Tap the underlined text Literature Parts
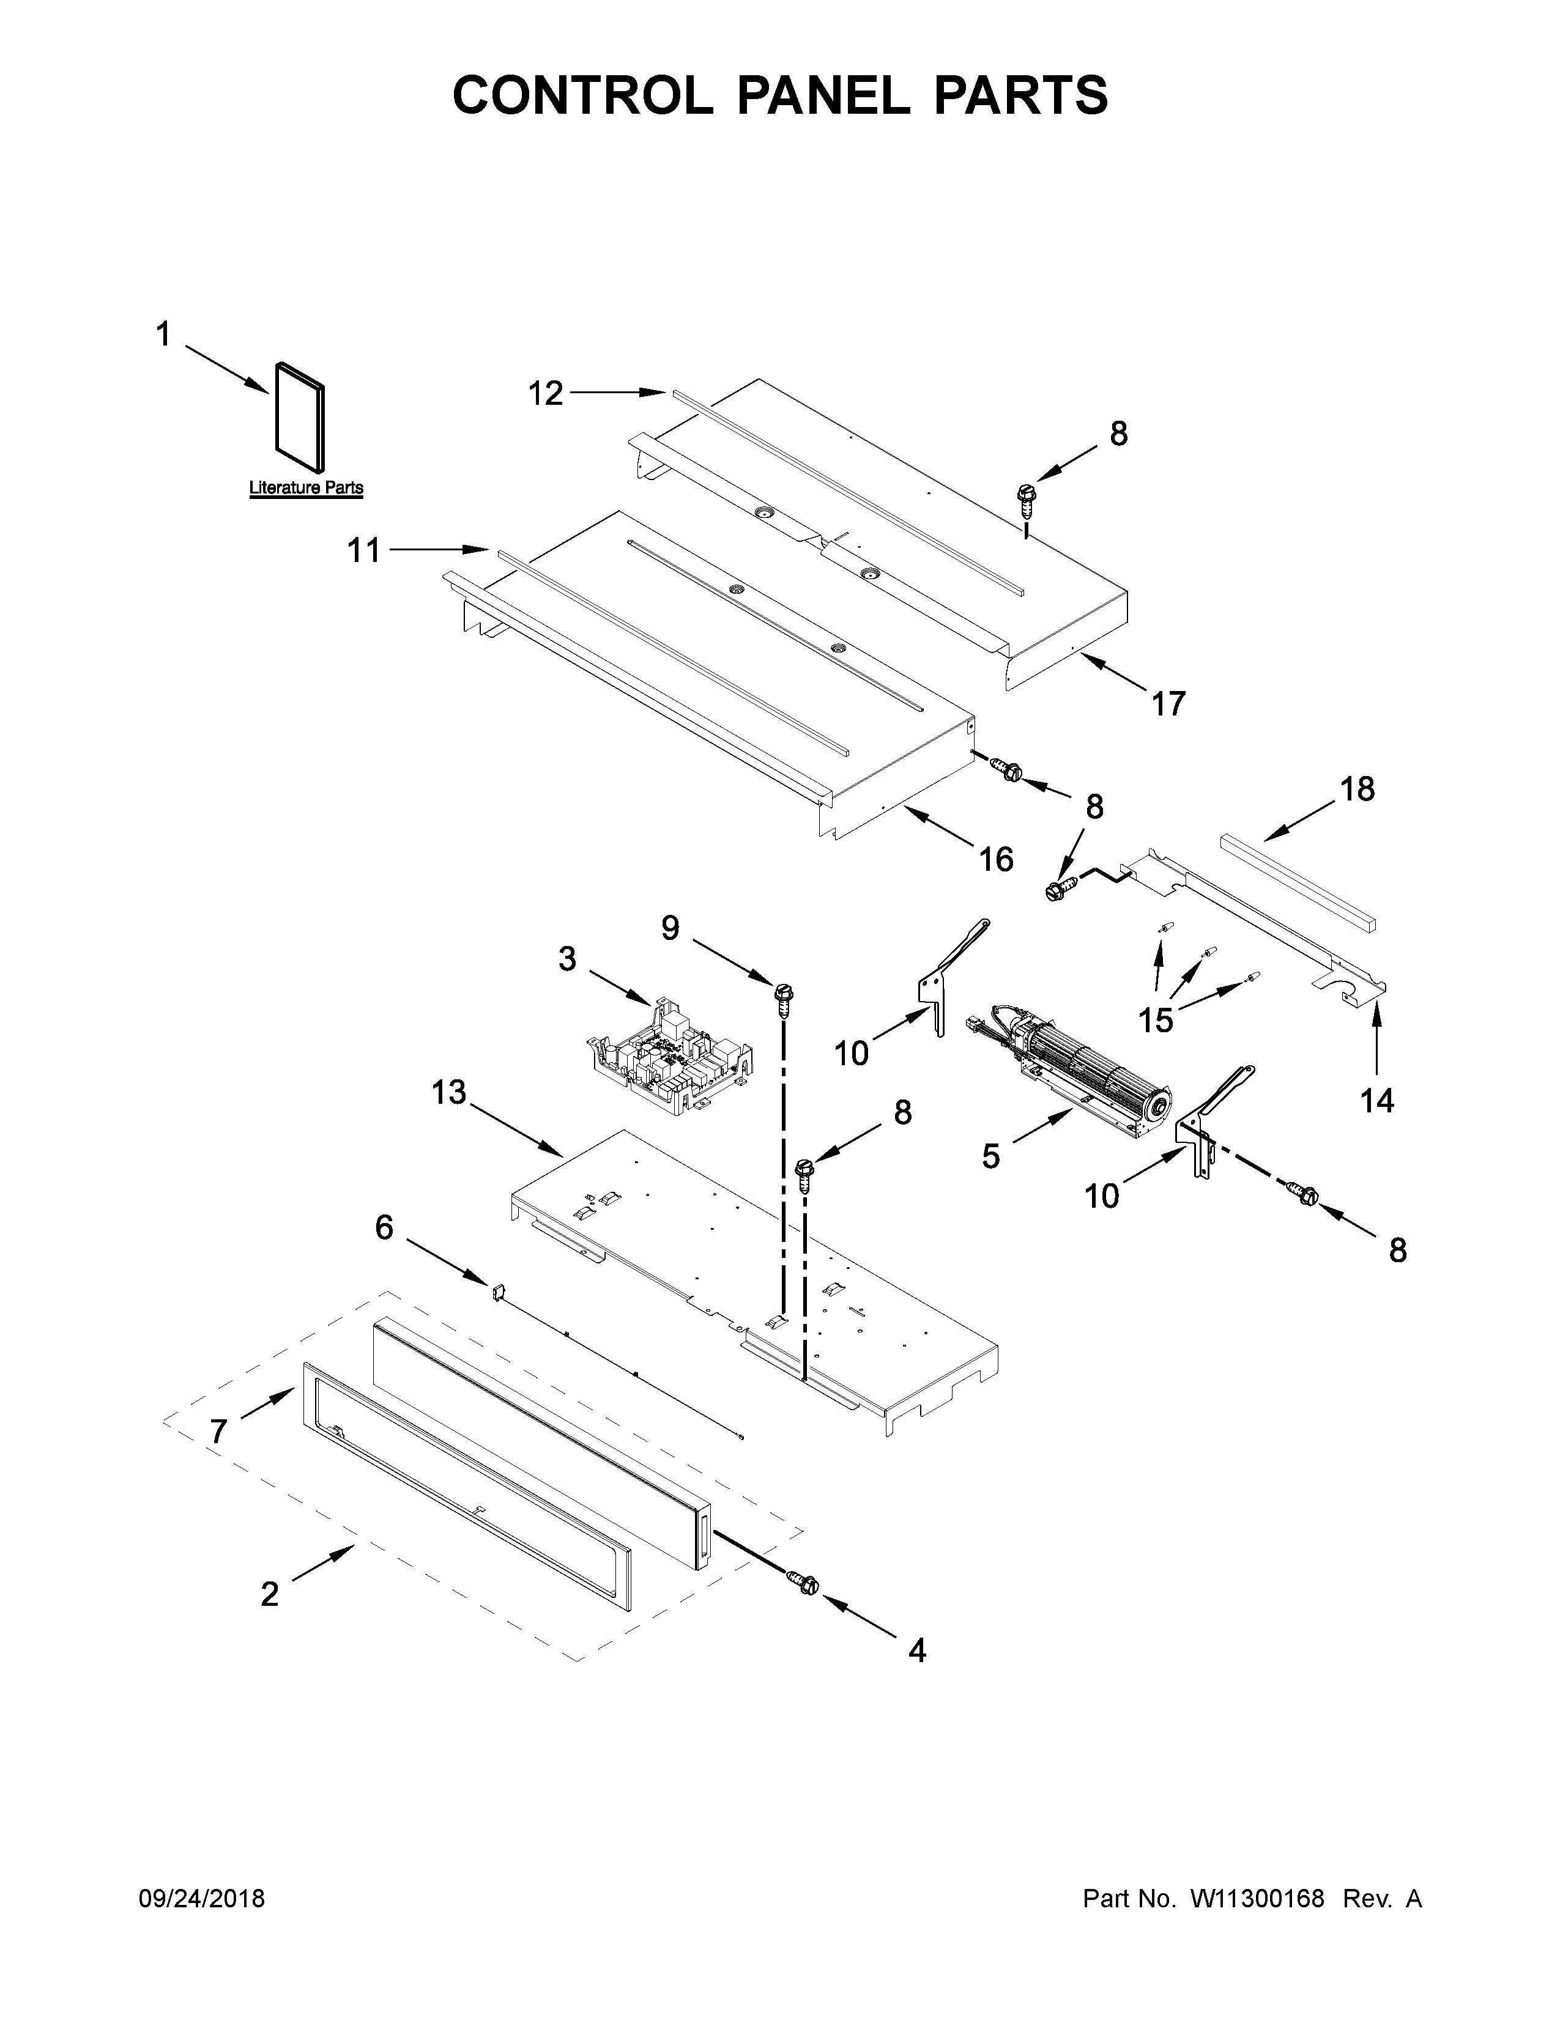click(306, 488)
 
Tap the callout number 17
click(1168, 704)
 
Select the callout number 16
click(996, 859)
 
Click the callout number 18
click(1358, 789)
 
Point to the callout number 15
click(1155, 1020)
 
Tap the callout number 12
click(545, 394)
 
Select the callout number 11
click(363, 551)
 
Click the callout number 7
click(218, 1432)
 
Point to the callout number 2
click(269, 1594)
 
